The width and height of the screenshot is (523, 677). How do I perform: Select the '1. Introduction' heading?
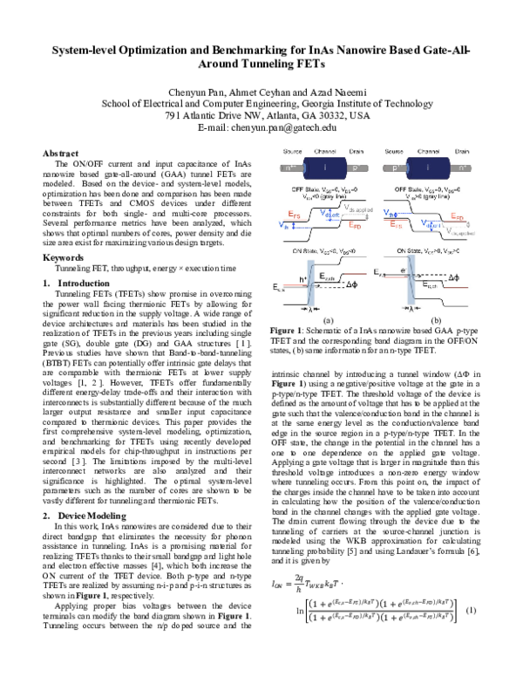tap(77, 284)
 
